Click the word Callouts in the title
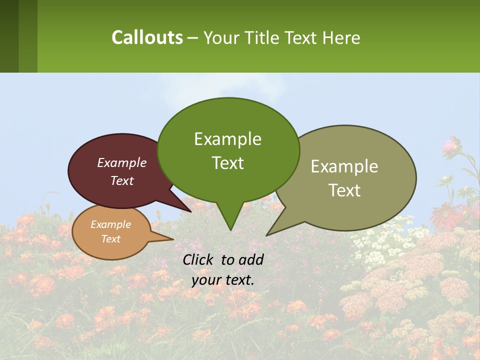[x=147, y=37]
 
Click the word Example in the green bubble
[x=227, y=139]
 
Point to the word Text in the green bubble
[x=228, y=162]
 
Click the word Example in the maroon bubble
[x=122, y=162]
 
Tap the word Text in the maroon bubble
[x=122, y=180]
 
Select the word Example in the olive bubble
[x=344, y=166]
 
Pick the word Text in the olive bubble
[x=344, y=190]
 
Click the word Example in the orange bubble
[x=111, y=224]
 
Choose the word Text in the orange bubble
[x=111, y=239]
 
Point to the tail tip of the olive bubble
[x=267, y=235]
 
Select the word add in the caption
[x=251, y=259]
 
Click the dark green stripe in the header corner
[x=9, y=36]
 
